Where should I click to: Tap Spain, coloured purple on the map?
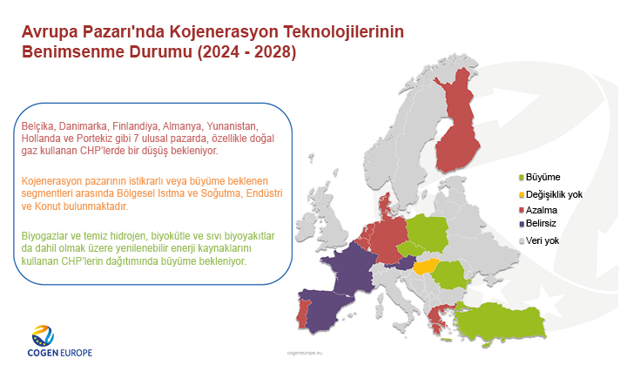[x=331, y=309]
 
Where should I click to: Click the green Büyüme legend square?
[x=522, y=179]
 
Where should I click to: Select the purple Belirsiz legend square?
[x=522, y=225]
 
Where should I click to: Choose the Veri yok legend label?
[x=543, y=241]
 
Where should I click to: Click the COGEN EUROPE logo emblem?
[x=43, y=335]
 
